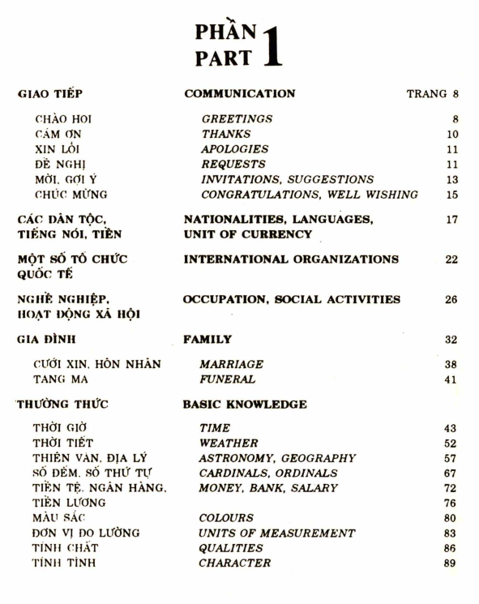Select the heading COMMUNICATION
240,94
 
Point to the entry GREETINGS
237,118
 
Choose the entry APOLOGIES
234,149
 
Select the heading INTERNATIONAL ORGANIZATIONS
291,259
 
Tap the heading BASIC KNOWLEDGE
242,404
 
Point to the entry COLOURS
227,517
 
